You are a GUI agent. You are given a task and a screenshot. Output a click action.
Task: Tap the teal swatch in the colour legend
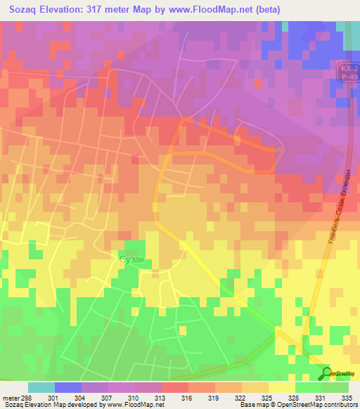tap(41, 387)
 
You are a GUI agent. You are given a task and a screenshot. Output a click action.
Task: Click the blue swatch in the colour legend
tap(68, 387)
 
